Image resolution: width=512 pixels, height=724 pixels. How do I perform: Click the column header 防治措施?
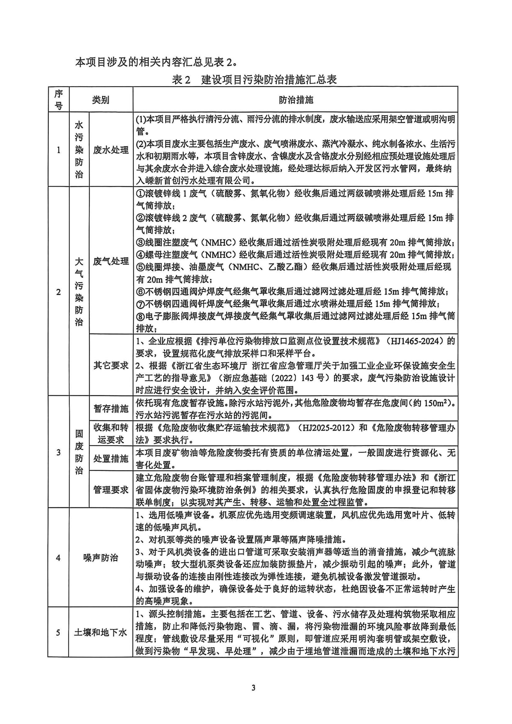tap(296, 100)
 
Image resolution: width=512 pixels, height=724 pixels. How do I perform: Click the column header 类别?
tap(101, 100)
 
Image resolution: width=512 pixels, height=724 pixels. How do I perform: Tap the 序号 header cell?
tap(59, 100)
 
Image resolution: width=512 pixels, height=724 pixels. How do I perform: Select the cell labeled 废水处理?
tap(111, 150)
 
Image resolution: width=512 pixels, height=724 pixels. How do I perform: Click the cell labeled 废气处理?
tap(111, 261)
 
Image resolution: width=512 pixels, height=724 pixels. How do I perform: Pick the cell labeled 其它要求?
tap(111, 365)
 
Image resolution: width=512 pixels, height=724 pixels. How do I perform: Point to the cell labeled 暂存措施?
tap(111, 409)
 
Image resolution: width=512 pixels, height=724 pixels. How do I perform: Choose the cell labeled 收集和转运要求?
tap(111, 434)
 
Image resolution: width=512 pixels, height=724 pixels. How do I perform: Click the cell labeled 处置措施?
tap(111, 458)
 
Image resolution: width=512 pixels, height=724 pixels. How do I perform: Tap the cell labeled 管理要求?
tap(111, 490)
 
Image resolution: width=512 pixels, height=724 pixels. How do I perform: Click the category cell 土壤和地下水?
tap(101, 632)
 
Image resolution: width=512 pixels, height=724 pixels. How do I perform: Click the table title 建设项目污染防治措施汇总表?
tap(269, 80)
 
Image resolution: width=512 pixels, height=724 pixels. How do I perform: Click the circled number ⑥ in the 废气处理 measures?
tap(140, 292)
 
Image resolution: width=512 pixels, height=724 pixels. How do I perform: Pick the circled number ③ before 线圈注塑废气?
tap(140, 243)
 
